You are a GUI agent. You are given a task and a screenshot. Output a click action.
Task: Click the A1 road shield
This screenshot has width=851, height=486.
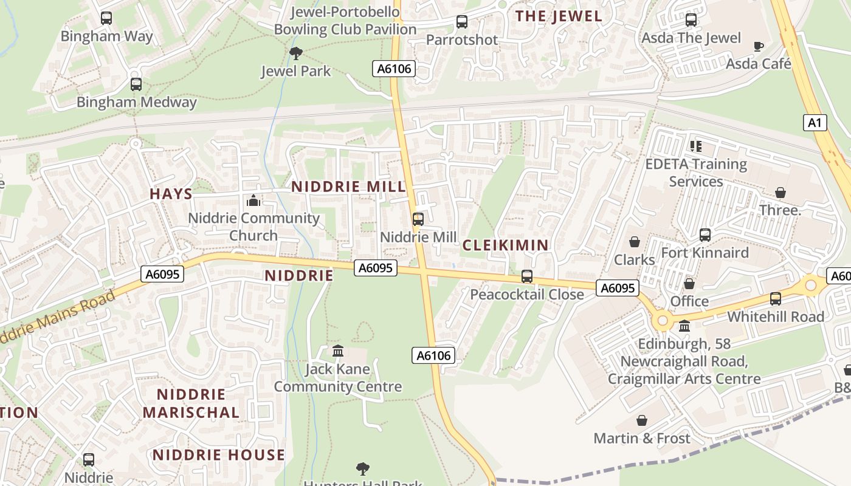[x=815, y=123]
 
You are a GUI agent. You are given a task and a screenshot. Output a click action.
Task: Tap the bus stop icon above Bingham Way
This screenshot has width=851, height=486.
[x=106, y=18]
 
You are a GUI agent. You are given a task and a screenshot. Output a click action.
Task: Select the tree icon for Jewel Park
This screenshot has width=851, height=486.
[x=296, y=53]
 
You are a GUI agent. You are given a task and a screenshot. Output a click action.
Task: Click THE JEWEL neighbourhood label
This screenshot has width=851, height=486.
[x=559, y=16]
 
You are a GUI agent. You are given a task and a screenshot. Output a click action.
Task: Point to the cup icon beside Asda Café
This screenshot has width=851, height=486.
[x=758, y=46]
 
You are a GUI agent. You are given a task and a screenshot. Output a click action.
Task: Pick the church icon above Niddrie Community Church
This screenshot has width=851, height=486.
[x=253, y=200]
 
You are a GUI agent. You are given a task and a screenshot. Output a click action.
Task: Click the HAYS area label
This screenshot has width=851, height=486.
[x=171, y=194]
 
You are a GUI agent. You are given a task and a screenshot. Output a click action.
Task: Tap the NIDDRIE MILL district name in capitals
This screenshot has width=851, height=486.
[x=348, y=187]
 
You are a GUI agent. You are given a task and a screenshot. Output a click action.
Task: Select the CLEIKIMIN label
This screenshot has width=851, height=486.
[x=505, y=245]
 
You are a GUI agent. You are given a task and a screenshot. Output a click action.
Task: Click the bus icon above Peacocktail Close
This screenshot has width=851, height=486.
[x=527, y=276]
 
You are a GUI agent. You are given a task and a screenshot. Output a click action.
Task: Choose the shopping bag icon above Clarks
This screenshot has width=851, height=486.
[x=635, y=242]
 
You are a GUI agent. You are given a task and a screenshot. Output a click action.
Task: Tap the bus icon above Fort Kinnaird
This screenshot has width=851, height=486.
[x=705, y=234]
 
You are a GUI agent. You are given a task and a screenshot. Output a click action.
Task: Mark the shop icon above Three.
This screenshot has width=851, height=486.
[x=780, y=193]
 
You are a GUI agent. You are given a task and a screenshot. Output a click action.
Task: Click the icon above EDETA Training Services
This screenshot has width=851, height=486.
[x=696, y=146]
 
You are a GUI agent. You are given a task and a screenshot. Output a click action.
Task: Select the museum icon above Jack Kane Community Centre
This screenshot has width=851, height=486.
[x=338, y=351]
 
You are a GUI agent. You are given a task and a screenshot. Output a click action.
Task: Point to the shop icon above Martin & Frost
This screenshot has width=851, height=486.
[x=641, y=420]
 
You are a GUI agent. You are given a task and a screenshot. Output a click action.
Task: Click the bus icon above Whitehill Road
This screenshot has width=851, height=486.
[x=775, y=299]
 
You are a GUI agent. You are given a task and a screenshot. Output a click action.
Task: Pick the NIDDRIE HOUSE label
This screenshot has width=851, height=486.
[x=218, y=455]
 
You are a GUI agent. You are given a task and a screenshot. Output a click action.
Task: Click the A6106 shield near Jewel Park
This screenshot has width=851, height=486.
[x=394, y=69]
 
